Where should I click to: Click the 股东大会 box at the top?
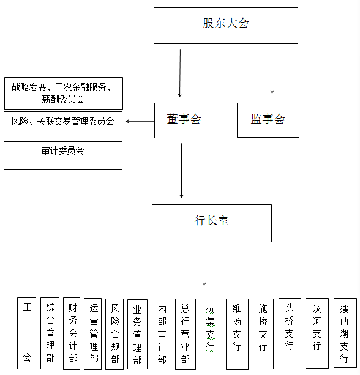pos(226,26)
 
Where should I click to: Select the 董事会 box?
pos(184,121)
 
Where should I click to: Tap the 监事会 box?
pos(268,120)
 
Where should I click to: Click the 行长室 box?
pos(212,223)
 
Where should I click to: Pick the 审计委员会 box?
pos(63,156)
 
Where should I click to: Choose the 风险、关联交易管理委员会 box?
pos(63,125)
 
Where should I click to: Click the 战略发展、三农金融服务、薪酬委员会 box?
pos(64,93)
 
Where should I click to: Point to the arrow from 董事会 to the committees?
pos(140,121)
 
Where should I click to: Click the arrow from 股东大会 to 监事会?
pos(272,72)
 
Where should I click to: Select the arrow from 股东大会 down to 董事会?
pos(180,73)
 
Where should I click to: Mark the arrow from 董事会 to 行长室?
pos(181,171)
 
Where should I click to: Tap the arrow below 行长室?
pos(204,267)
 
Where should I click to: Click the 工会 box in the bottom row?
pos(26,333)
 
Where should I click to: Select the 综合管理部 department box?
pos(50,333)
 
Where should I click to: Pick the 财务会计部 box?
pos(72,333)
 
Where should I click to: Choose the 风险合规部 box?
pos(114,334)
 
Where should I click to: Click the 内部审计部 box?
pos(162,334)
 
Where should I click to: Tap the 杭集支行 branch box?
pos(211,334)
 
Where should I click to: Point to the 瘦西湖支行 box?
pos(345,333)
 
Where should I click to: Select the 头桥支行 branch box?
pos(290,333)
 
